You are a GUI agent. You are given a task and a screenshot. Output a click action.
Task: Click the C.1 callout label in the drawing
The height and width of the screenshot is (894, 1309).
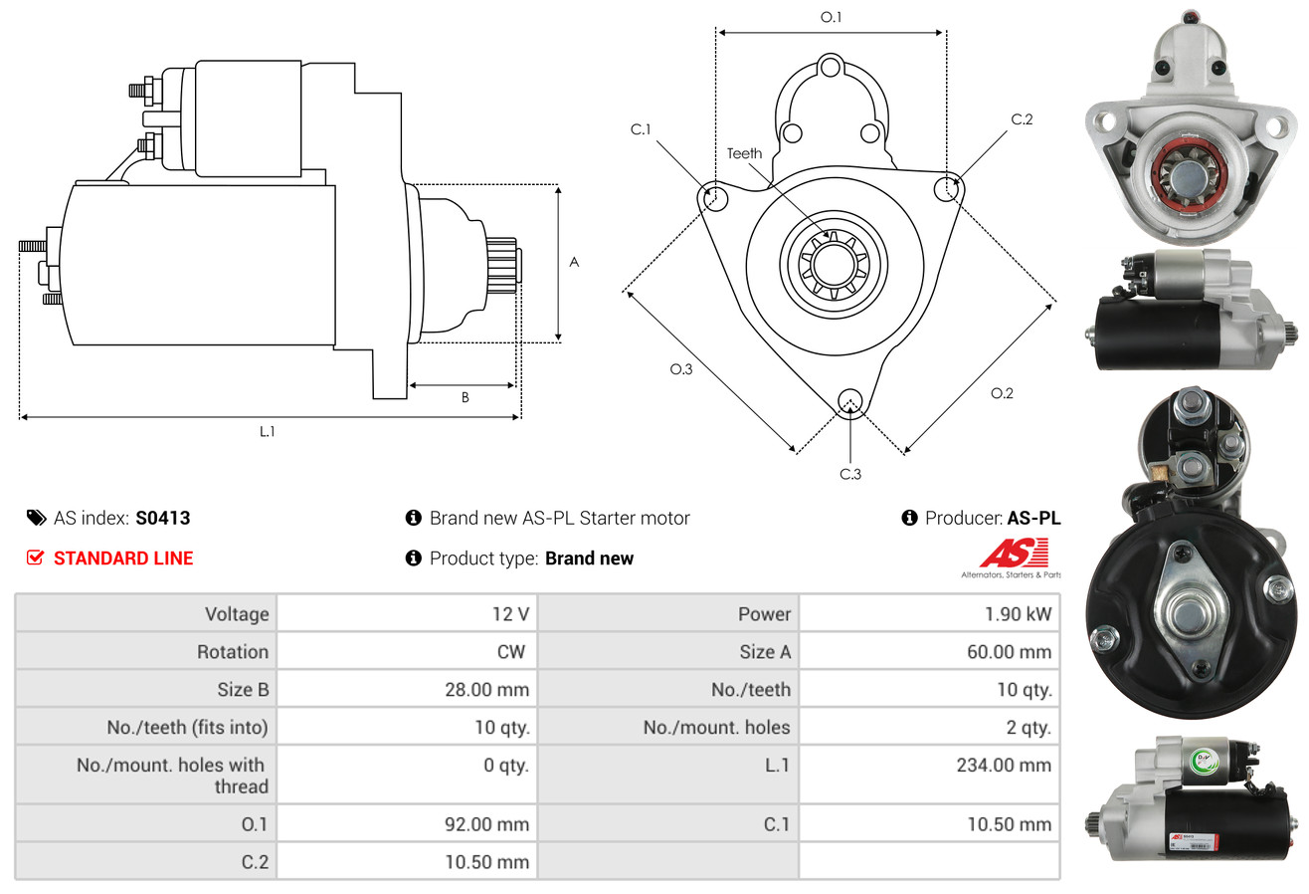click(x=640, y=128)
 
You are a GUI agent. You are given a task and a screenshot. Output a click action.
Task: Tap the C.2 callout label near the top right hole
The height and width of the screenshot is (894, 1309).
click(x=1022, y=119)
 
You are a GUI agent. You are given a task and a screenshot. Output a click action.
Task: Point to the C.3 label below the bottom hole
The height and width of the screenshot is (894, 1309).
click(x=850, y=474)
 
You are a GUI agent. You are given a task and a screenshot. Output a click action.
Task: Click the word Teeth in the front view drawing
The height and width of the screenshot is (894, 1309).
click(x=744, y=153)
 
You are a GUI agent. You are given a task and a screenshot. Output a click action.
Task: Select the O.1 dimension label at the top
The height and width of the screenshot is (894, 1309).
click(x=831, y=17)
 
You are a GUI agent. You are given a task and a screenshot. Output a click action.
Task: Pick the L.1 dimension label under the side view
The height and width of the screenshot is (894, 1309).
click(x=267, y=431)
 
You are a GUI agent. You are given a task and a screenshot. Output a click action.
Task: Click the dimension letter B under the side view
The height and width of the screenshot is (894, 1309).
click(x=465, y=397)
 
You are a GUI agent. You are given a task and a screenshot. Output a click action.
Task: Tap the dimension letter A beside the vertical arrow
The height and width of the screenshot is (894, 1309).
click(x=574, y=263)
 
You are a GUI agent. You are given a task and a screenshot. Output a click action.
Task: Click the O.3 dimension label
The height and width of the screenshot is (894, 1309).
click(x=680, y=369)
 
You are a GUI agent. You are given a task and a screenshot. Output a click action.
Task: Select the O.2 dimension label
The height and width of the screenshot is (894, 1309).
click(x=1002, y=393)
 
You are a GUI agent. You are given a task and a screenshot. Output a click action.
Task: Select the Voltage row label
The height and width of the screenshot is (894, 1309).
click(x=237, y=614)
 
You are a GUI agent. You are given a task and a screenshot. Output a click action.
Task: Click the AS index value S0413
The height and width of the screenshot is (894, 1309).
click(x=162, y=518)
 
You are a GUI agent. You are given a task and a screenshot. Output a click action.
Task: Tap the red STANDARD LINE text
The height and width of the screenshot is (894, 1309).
click(x=123, y=559)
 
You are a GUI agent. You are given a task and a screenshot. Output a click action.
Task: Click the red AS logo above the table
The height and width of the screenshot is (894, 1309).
click(x=1015, y=554)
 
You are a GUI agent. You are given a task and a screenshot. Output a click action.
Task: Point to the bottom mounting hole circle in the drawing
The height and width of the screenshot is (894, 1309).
click(x=850, y=401)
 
